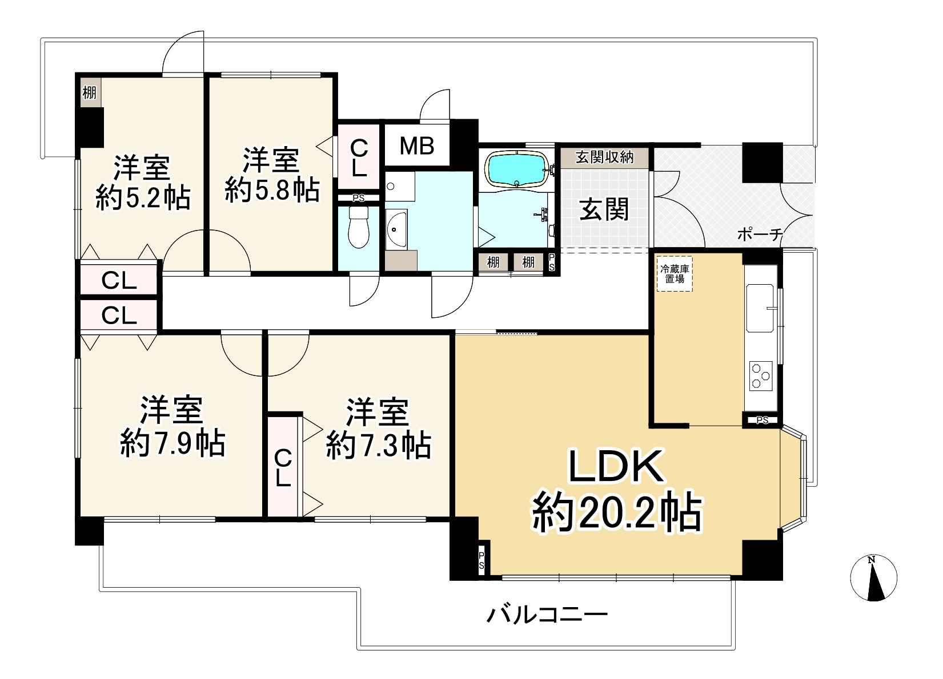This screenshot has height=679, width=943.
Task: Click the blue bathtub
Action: (x=517, y=168)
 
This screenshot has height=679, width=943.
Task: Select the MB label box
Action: (x=416, y=146)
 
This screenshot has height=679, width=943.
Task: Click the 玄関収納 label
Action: (x=604, y=157)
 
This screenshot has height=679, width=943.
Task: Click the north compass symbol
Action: (x=873, y=577)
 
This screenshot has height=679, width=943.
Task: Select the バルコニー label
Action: (x=547, y=615)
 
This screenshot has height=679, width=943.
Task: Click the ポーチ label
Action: (x=759, y=235)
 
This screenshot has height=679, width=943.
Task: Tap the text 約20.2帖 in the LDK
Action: (x=617, y=513)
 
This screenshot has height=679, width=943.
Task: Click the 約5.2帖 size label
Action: (x=143, y=198)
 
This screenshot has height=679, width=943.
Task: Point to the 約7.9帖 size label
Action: (x=172, y=442)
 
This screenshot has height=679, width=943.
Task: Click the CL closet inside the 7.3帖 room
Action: (x=283, y=467)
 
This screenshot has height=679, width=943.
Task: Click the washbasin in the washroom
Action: (x=396, y=230)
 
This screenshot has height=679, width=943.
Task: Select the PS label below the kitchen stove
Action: (x=762, y=421)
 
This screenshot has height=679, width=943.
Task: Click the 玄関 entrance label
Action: (x=604, y=209)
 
